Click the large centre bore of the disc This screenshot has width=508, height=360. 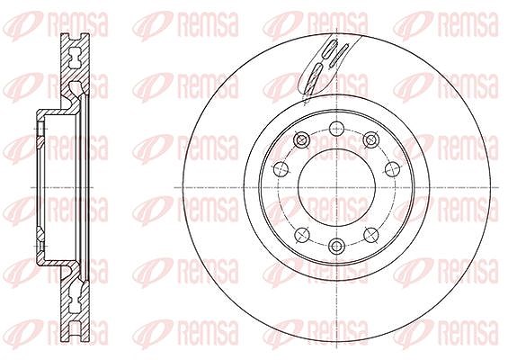tap(336, 187)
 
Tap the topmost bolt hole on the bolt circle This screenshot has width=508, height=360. tap(336, 129)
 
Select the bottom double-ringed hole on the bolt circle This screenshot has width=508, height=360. tap(336, 247)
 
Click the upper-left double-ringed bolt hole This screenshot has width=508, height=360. tap(301, 140)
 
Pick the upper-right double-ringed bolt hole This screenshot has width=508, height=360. tap(371, 140)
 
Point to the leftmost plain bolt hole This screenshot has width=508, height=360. tap(281, 168)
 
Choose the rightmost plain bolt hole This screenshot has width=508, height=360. tap(392, 168)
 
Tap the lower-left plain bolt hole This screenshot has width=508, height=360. tap(302, 235)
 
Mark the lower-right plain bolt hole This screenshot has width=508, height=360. tap(371, 235)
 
